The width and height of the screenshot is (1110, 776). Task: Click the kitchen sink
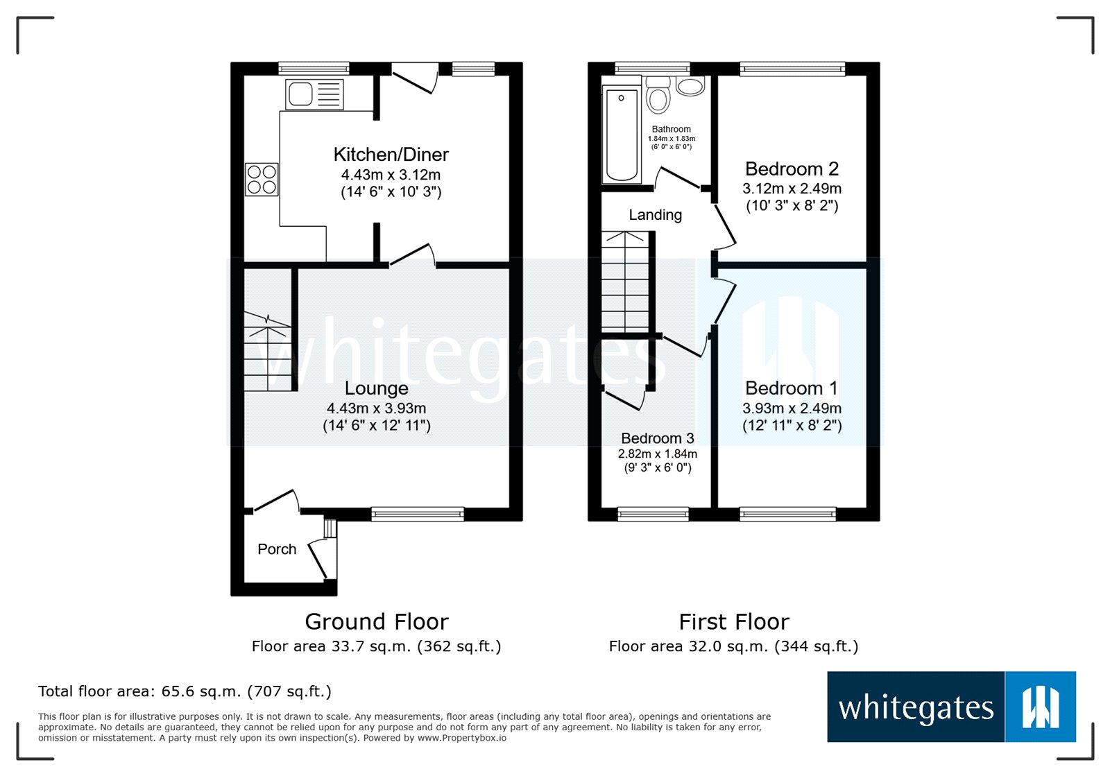(x=315, y=94)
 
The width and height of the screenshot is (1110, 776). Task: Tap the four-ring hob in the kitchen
(x=262, y=180)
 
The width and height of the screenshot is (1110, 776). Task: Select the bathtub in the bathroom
(x=622, y=134)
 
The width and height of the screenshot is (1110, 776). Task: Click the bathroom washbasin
(x=690, y=86)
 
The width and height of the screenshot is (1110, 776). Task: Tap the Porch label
(x=277, y=549)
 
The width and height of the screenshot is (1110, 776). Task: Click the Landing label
(x=655, y=214)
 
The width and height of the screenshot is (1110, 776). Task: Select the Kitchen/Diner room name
(x=391, y=155)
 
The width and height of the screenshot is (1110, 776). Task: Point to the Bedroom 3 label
(x=658, y=438)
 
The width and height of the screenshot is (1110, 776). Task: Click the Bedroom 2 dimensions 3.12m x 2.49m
(x=792, y=188)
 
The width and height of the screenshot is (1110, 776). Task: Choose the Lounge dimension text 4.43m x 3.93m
(x=377, y=408)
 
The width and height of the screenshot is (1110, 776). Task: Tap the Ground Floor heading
(x=377, y=621)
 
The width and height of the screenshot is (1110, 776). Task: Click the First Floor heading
(x=734, y=621)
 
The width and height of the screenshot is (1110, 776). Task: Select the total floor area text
(x=185, y=691)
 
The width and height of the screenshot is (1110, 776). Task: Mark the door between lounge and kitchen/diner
(x=412, y=255)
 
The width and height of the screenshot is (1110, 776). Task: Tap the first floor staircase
(x=625, y=282)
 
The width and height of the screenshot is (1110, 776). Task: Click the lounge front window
(x=418, y=514)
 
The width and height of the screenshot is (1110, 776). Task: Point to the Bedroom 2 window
(x=792, y=69)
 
